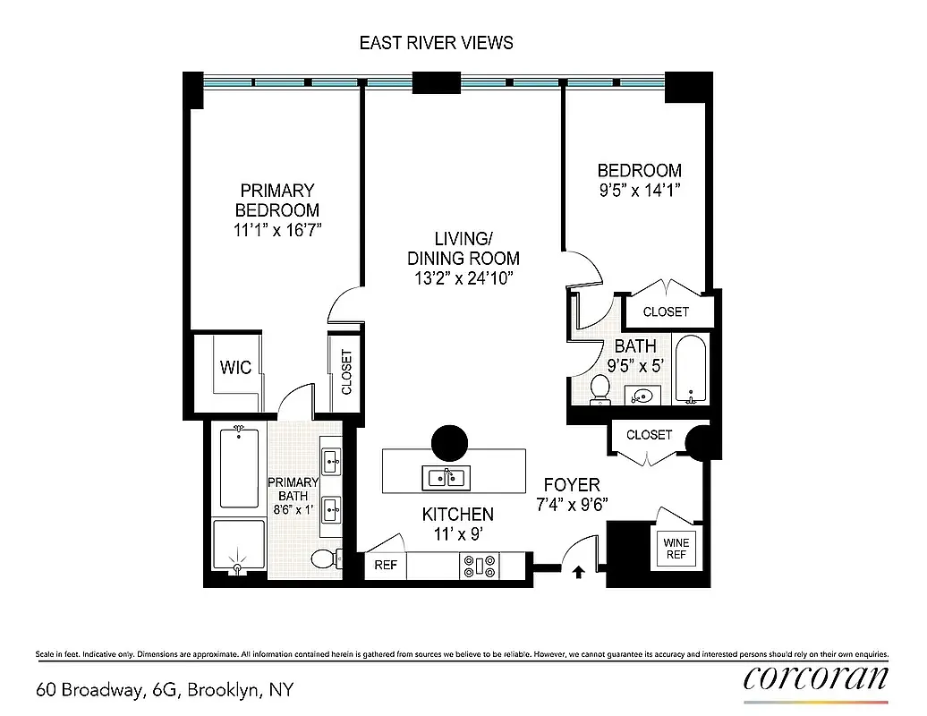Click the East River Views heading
pyautogui.click(x=436, y=42)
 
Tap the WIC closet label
pyautogui.click(x=236, y=367)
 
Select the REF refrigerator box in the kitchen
pyautogui.click(x=386, y=565)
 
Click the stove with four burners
pyautogui.click(x=479, y=566)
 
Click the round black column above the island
pyautogui.click(x=449, y=442)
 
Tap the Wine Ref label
pyautogui.click(x=676, y=547)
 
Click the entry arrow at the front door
pyautogui.click(x=577, y=571)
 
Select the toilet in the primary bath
pyautogui.click(x=327, y=559)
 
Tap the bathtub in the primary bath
pyautogui.click(x=238, y=467)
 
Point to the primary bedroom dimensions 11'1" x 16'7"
pyautogui.click(x=276, y=230)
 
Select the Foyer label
pyautogui.click(x=571, y=485)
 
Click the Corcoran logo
pyautogui.click(x=815, y=678)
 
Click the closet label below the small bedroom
pyautogui.click(x=666, y=311)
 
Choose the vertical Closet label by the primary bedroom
pyautogui.click(x=346, y=372)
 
